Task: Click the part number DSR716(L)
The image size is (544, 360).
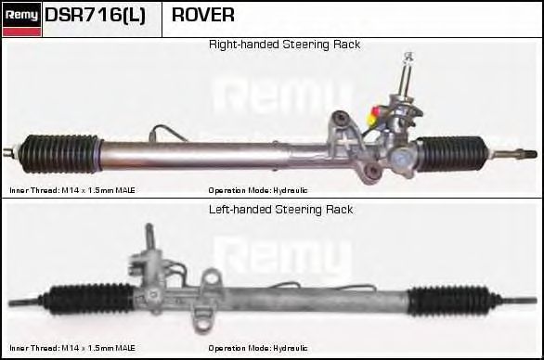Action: (x=95, y=16)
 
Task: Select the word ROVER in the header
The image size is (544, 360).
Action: (x=202, y=16)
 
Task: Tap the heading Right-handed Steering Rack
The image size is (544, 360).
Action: (x=284, y=45)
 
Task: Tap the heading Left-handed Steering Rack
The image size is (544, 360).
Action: (x=281, y=210)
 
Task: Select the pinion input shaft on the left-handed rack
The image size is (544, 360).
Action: (x=148, y=241)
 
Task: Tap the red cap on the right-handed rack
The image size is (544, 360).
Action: (x=373, y=119)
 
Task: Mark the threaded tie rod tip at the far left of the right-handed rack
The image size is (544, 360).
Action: (x=9, y=149)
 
